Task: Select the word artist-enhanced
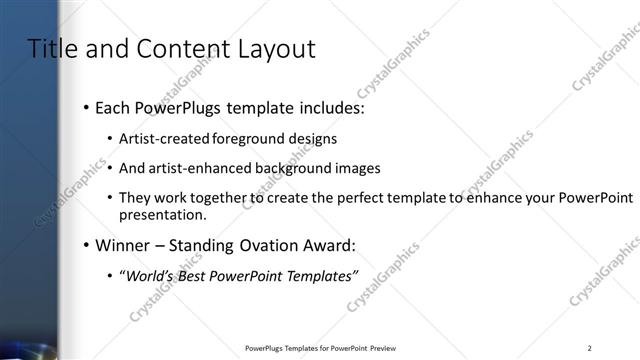[194, 169]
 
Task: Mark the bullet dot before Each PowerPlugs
[87, 107]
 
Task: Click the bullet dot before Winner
[87, 245]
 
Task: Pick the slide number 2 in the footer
[590, 348]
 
